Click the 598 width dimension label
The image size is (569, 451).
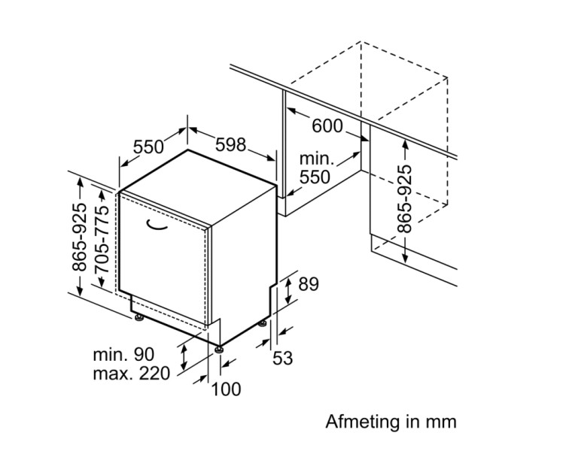pos(231,144)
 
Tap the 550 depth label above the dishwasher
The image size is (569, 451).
pos(148,145)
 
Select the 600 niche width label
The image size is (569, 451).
pos(327,126)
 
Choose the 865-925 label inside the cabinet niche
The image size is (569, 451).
pos(405,198)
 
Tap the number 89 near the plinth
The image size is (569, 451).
pos(309,284)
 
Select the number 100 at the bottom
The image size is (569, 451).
pos(226,389)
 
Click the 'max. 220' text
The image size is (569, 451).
pos(132,374)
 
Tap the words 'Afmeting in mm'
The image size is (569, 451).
pos(391,421)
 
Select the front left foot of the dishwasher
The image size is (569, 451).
pos(139,319)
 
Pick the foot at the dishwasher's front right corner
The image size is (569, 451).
pos(219,348)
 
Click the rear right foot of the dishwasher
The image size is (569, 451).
pos(262,324)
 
